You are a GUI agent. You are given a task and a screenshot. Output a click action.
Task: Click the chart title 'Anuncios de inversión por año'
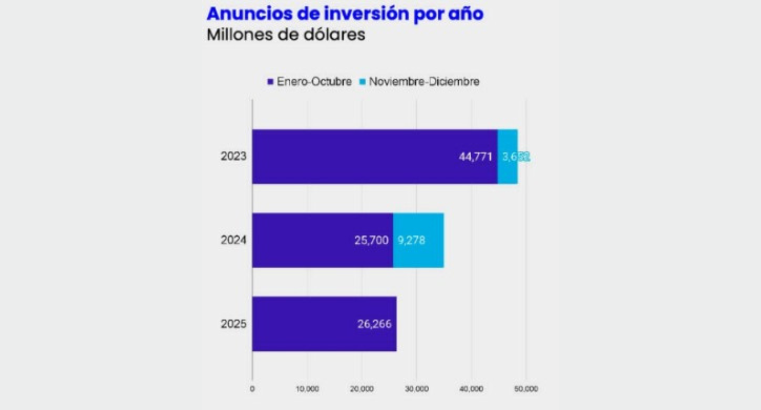pos(345,13)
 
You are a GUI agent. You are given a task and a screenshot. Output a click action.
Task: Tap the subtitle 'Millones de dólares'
pos(286,35)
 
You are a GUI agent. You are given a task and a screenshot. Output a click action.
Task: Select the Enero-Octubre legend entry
pos(310,82)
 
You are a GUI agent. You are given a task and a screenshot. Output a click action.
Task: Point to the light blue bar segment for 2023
pos(508,156)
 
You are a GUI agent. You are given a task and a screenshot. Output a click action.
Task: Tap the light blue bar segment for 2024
pos(418,240)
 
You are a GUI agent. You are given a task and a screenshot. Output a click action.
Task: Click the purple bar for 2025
pos(324,324)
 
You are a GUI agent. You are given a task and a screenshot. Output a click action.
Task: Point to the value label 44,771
pos(475,157)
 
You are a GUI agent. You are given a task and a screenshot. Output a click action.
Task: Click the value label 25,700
pos(371,240)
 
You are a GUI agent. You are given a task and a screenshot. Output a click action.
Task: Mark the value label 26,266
pos(374,324)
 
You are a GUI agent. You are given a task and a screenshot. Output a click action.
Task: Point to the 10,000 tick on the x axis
pos(307,389)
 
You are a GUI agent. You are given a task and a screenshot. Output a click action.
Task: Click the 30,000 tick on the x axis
pos(416,389)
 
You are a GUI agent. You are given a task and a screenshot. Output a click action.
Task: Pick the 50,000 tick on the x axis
pos(526,389)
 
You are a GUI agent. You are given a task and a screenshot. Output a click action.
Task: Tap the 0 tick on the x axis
pos(252,389)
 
